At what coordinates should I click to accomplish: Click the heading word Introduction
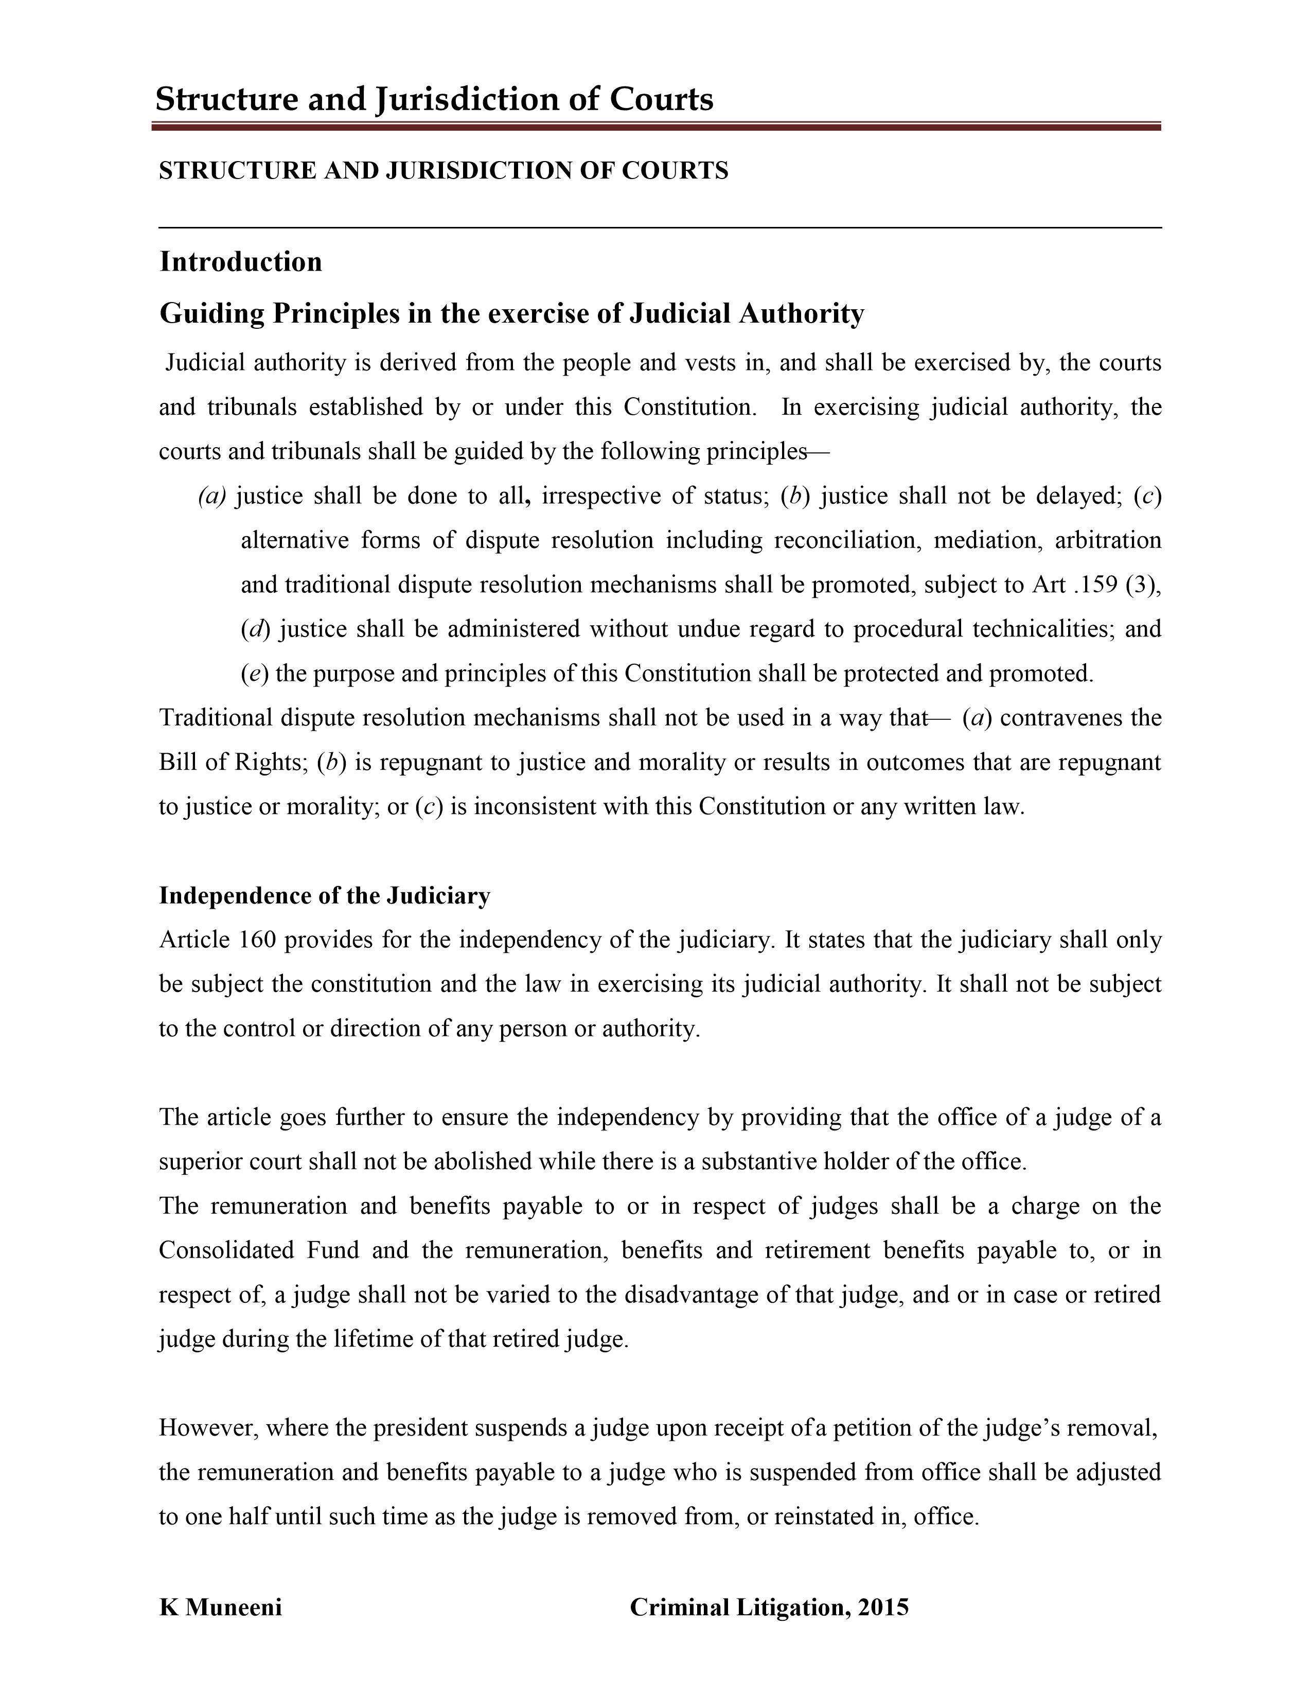pyautogui.click(x=240, y=262)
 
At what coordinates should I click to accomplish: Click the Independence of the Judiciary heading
pyautogui.click(x=324, y=896)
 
